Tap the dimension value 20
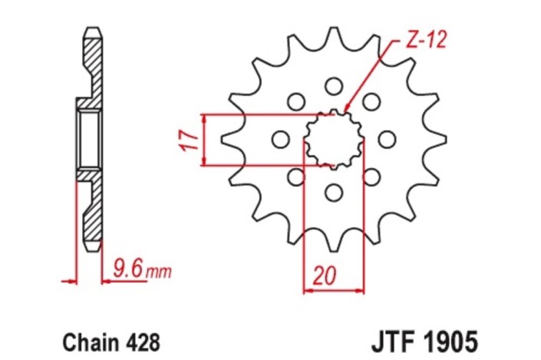click(322, 275)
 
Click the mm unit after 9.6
click(158, 271)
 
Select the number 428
click(143, 340)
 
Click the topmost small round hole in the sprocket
click(333, 84)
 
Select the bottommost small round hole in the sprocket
click(333, 191)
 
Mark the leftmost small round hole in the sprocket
click(280, 139)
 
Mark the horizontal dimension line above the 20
click(333, 290)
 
